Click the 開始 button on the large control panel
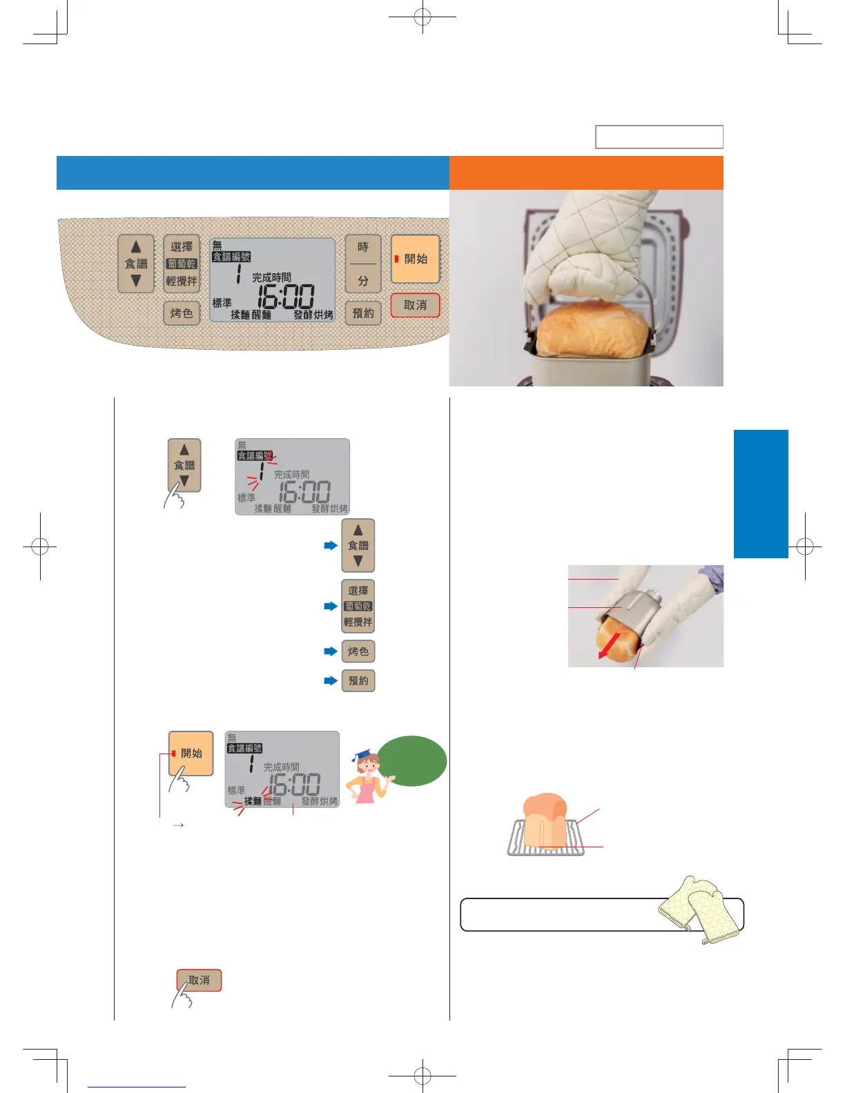415,259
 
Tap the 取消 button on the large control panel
415,305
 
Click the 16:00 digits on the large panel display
286,297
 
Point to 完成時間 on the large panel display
271,277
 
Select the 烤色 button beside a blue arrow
358,651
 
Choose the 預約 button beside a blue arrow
358,681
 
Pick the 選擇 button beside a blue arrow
358,606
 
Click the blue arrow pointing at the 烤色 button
331,651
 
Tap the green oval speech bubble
412,760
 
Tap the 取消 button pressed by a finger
199,981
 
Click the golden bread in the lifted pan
592,331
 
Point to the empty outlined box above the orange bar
659,137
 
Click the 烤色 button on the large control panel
182,313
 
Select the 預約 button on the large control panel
363,313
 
